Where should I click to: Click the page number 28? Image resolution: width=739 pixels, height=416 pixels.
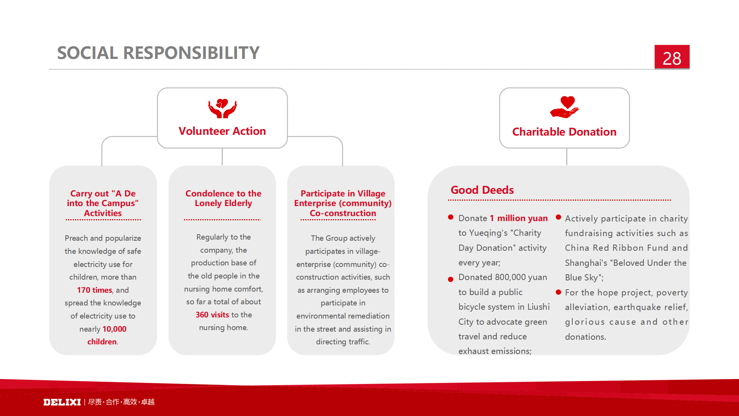point(672,59)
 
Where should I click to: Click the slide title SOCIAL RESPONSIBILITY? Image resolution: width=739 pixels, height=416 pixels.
point(158,53)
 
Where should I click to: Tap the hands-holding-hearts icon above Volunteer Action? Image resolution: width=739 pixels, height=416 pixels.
point(222,108)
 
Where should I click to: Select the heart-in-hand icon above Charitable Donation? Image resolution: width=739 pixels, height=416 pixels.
point(565,107)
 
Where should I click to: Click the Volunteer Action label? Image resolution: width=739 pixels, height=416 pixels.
point(222,131)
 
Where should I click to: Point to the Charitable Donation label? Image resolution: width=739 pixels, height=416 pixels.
point(564,132)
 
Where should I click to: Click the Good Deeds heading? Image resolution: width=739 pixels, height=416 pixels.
point(482,190)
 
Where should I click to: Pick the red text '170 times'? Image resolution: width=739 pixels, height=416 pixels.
point(94,290)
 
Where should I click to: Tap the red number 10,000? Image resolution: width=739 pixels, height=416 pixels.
point(114,329)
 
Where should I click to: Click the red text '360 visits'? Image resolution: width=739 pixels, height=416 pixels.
point(212,315)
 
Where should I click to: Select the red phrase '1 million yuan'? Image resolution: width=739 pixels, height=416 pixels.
point(518,218)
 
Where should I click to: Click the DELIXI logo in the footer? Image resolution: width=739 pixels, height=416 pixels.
point(62,402)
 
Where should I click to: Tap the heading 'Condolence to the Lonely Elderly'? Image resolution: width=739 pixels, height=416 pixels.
point(223,198)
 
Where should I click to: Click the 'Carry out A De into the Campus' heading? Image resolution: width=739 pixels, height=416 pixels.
point(103,203)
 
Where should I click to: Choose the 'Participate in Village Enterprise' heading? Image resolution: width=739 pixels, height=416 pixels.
point(343,203)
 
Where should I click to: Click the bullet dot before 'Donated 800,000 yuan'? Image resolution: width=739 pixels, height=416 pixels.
point(451,279)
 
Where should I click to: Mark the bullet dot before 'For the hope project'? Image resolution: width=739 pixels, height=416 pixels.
point(558,292)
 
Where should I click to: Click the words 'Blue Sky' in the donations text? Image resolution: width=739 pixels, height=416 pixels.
point(582,277)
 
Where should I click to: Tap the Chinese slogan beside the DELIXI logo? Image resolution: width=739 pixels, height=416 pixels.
point(121,402)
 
